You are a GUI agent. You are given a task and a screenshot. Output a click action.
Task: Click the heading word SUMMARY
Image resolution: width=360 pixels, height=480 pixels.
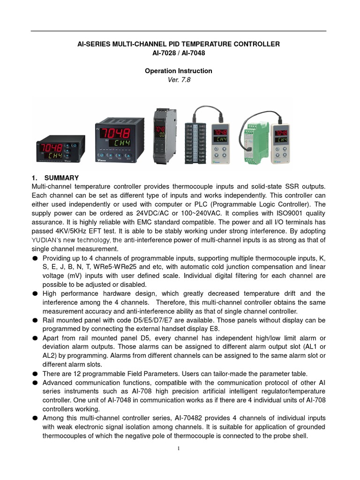61,178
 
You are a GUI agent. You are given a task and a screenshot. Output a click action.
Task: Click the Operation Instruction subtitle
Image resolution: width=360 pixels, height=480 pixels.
178,71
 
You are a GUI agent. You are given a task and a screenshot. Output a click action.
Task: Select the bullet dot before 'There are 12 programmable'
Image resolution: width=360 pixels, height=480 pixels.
35,374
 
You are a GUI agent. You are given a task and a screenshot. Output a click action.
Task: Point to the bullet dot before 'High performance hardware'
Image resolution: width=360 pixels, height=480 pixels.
35,294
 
